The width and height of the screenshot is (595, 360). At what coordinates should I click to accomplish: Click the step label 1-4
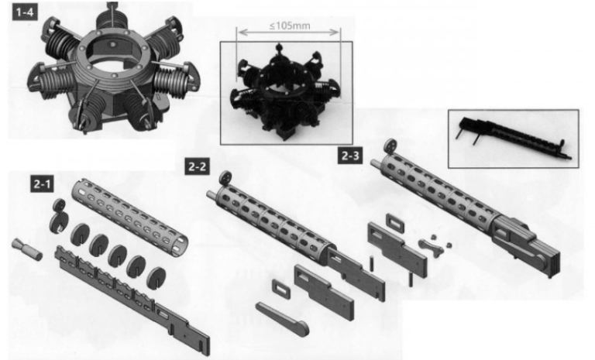click(x=25, y=12)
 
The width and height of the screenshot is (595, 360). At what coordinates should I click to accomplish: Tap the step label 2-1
click(x=42, y=184)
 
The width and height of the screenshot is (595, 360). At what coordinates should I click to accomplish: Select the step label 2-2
click(x=198, y=166)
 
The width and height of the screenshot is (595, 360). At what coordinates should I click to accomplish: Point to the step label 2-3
click(x=350, y=156)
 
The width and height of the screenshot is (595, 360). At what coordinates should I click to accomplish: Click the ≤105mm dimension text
click(x=290, y=26)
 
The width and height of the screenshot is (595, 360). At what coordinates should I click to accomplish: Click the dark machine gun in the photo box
click(x=514, y=138)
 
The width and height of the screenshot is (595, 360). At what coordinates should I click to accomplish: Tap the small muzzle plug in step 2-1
click(x=27, y=249)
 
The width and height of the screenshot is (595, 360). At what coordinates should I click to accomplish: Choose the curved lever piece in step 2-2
click(x=282, y=319)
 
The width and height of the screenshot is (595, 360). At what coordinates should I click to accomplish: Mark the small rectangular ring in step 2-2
click(x=281, y=290)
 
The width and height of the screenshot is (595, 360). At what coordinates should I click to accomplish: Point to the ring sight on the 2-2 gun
click(x=225, y=178)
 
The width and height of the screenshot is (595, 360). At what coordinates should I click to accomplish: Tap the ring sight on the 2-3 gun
click(x=390, y=146)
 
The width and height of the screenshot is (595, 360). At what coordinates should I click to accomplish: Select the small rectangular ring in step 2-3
click(x=395, y=224)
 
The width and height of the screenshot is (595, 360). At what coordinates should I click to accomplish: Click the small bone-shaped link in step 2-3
click(x=431, y=247)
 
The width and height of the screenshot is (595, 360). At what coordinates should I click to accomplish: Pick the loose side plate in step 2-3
click(x=397, y=249)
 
